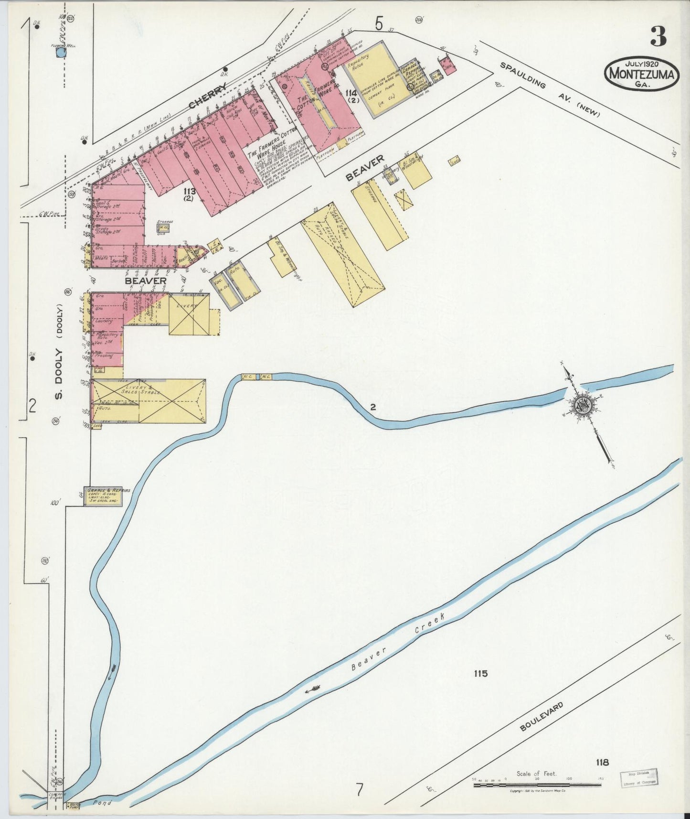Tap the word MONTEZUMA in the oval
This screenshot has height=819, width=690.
[641, 75]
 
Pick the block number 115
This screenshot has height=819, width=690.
[481, 674]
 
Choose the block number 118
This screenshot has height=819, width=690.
[602, 763]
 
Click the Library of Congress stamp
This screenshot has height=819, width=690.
[638, 777]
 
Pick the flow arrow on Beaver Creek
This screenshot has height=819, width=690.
[314, 689]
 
